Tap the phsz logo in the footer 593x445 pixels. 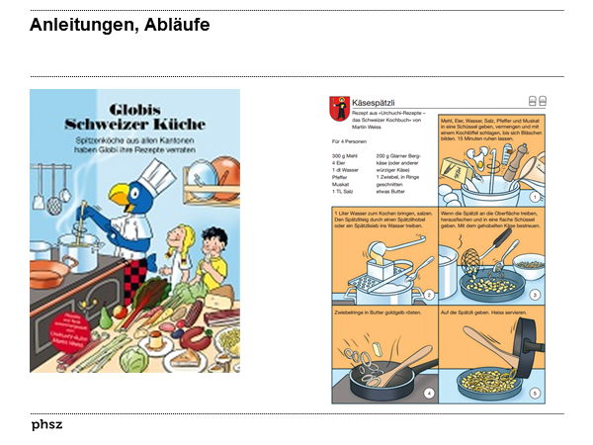coord(46,425)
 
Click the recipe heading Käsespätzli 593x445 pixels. coord(372,103)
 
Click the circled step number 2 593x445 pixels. coord(429,295)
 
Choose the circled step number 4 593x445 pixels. coord(429,393)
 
